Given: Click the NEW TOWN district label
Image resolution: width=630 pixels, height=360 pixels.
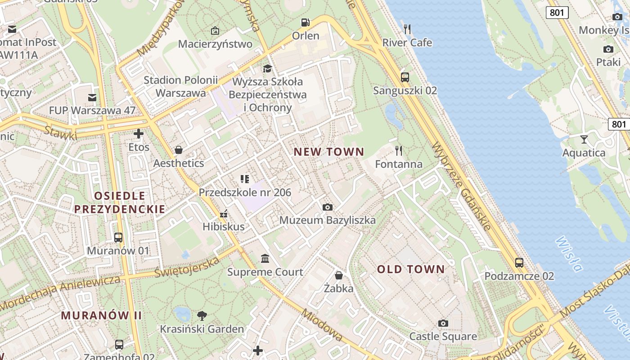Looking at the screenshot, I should click(328, 152).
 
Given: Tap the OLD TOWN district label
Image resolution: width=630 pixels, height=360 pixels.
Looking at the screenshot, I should click(411, 270).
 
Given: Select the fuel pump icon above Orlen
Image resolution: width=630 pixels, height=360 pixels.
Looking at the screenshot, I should click(306, 22).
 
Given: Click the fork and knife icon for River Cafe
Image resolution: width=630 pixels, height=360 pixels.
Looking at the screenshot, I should click(407, 30).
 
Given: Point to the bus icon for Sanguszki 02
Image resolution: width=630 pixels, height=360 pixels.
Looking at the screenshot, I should click(405, 77).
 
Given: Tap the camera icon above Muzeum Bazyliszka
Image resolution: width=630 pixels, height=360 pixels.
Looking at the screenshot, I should click(328, 207).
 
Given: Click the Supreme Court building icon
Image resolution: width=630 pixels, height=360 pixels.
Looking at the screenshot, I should click(265, 259).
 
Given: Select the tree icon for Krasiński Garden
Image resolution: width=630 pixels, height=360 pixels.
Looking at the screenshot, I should click(202, 315).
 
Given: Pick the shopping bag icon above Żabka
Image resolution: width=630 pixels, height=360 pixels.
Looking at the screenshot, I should click(339, 275).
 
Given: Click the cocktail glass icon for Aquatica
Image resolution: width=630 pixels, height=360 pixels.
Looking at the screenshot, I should click(584, 139).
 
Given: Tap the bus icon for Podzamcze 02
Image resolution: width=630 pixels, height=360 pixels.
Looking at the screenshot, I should click(519, 263).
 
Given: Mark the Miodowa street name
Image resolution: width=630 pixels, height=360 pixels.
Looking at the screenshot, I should click(322, 325).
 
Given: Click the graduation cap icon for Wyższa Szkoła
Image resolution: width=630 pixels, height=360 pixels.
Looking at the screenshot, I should click(268, 69).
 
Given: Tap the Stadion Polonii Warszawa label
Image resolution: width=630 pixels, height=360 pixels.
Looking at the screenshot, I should click(180, 86).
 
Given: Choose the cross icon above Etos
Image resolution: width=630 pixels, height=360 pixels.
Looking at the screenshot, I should click(139, 134).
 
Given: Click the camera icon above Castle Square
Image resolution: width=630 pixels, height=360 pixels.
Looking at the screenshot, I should click(443, 323).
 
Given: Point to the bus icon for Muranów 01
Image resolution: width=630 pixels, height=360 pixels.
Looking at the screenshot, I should click(118, 237).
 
